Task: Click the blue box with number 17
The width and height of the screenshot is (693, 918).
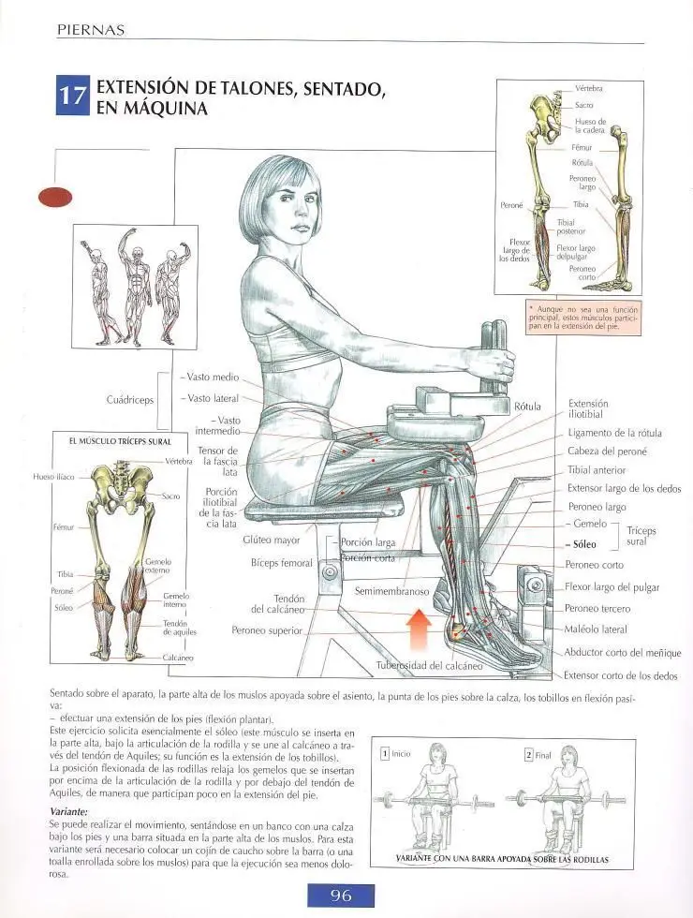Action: pos(73,95)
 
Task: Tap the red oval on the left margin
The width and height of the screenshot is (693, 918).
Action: pos(55,198)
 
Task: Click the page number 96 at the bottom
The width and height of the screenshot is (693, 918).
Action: pos(341,896)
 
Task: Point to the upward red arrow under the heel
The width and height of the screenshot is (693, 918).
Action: pos(420,629)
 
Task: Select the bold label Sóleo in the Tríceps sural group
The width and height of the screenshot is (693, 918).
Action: pos(584,544)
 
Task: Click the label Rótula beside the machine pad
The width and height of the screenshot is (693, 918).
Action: pos(527,407)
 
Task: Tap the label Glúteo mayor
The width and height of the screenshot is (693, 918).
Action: pos(271,540)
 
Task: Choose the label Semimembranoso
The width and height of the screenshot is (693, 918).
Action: pos(392,591)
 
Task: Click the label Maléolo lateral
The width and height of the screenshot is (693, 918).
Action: pos(596,629)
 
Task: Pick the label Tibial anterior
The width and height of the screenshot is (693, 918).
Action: pos(597,470)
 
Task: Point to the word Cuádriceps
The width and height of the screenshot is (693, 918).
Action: pos(130,400)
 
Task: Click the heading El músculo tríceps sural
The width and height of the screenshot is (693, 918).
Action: pos(120,441)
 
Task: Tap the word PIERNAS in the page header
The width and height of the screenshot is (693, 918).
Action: pos(91,30)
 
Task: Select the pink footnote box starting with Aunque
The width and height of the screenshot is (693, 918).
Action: pos(582,318)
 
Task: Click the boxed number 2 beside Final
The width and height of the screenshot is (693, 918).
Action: pos(528,755)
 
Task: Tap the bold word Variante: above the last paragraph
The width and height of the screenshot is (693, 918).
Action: pos(68,812)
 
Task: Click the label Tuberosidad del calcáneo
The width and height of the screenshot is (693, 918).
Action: pos(429,666)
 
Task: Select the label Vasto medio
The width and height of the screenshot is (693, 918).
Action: pos(213,377)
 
